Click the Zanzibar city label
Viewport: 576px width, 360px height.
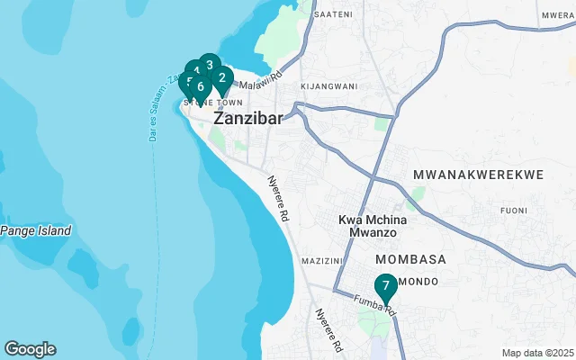(248, 118)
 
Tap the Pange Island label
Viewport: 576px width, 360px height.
(36, 231)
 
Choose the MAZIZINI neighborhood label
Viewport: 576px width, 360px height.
(323, 260)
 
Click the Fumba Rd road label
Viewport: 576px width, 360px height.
(374, 305)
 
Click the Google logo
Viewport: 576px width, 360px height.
(30, 349)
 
